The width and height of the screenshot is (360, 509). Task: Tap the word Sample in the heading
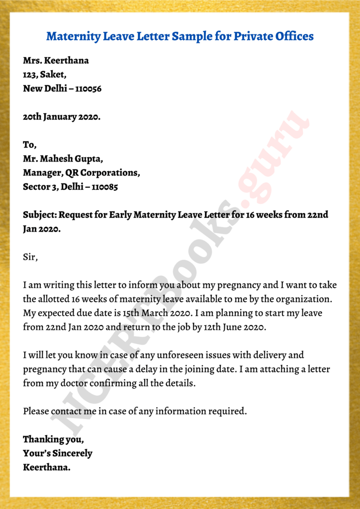(188, 36)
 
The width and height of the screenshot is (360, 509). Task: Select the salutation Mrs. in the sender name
(32, 61)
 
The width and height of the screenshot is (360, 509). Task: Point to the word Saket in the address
(54, 75)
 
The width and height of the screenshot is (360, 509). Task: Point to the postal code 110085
(103, 187)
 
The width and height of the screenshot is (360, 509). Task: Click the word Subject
(40, 215)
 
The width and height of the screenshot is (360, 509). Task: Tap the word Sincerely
(71, 453)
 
